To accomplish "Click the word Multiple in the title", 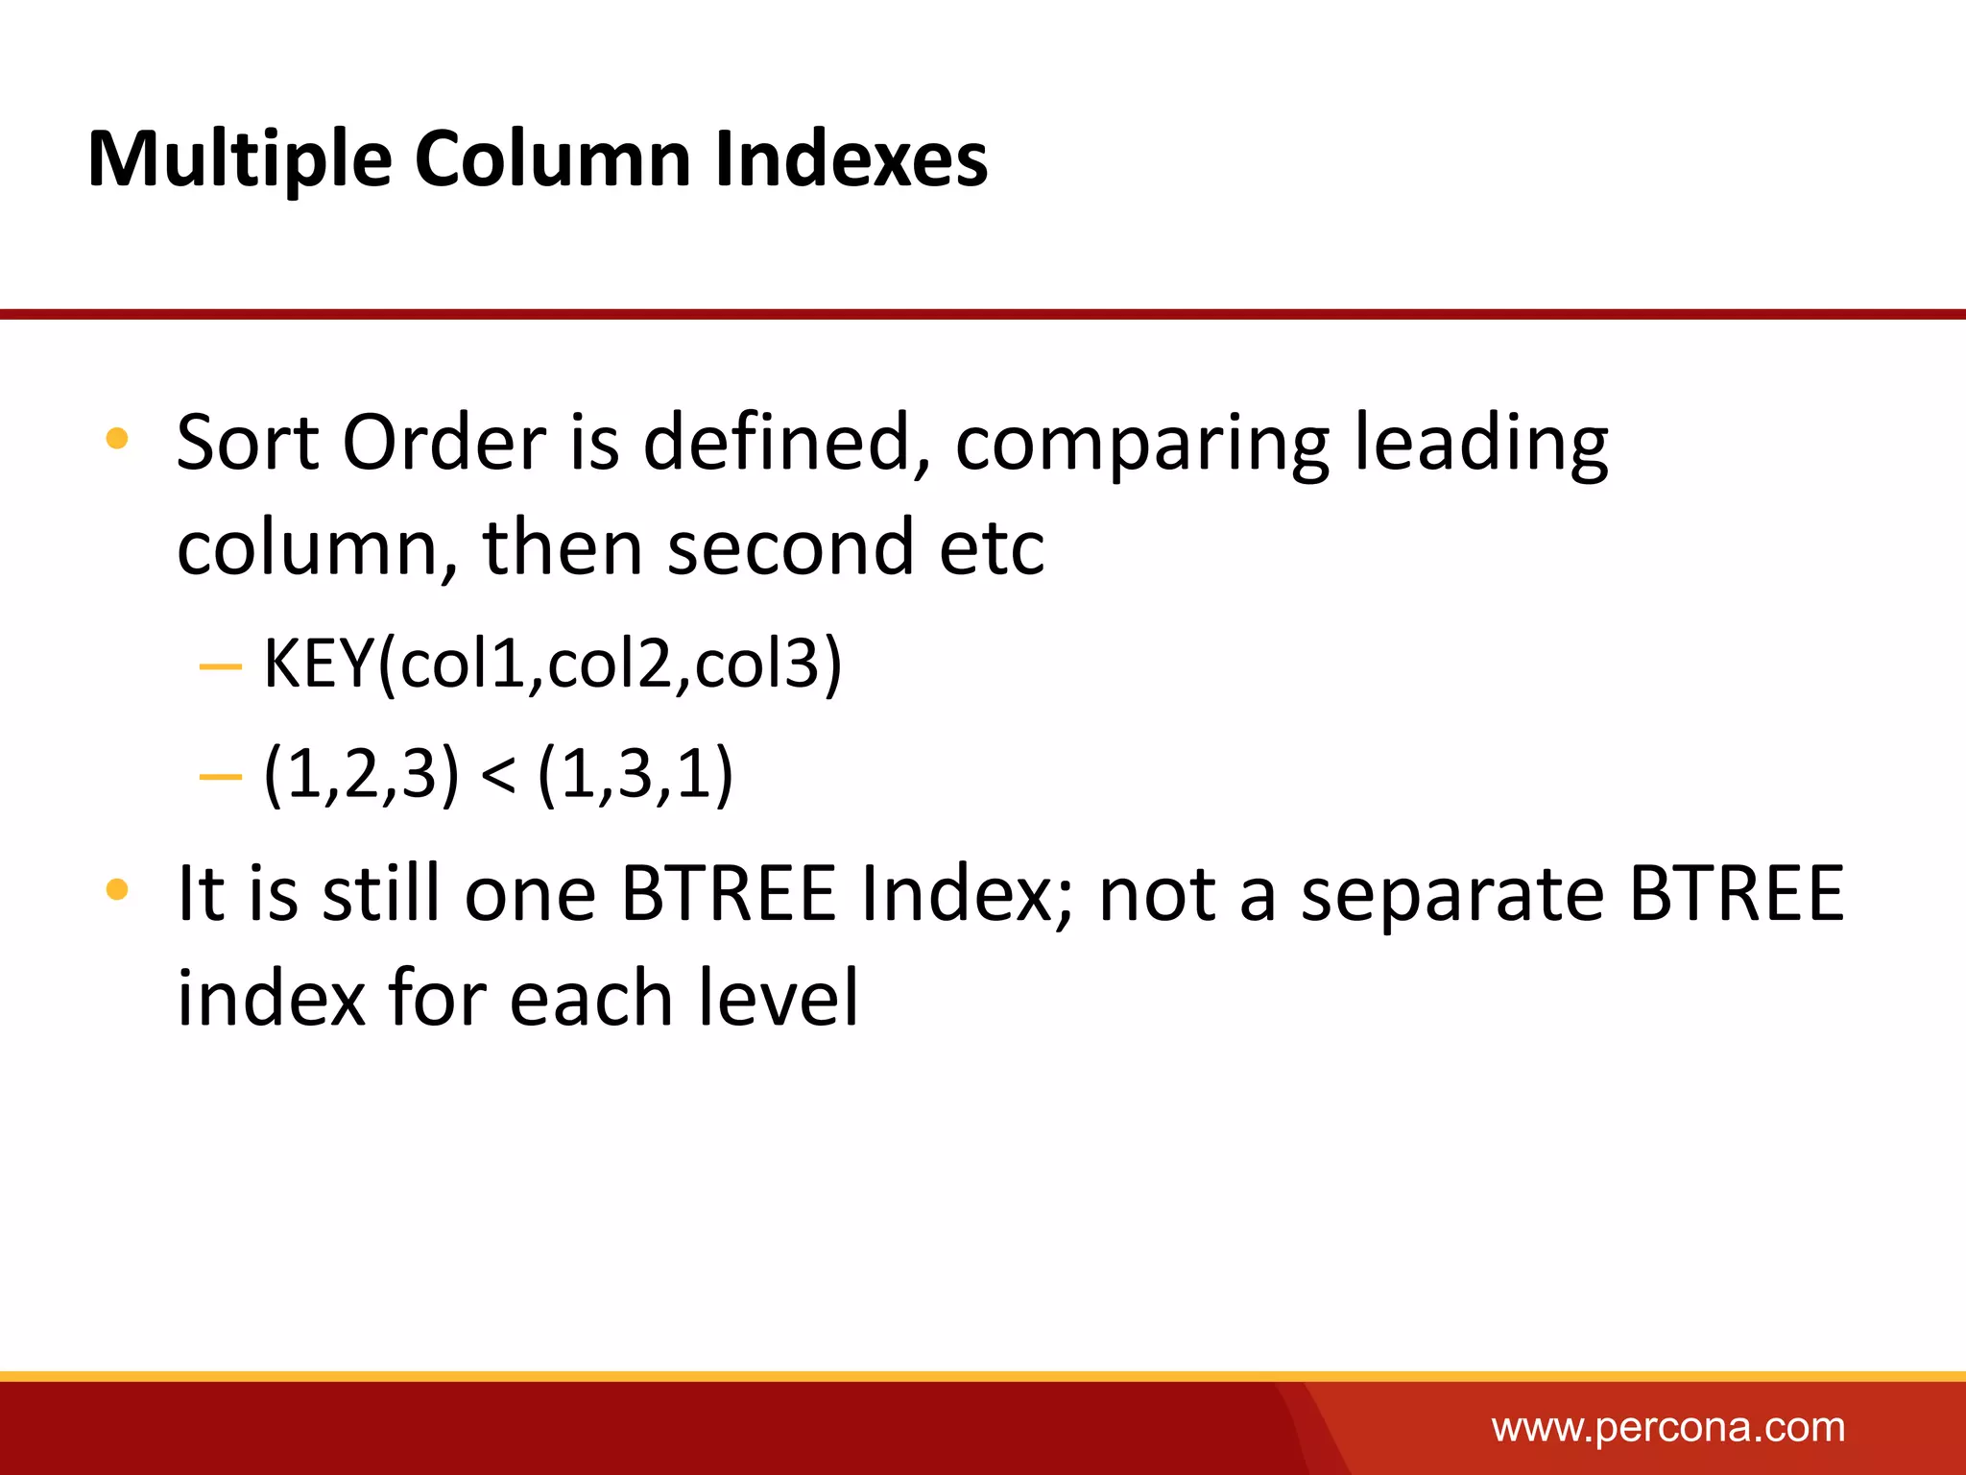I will [240, 159].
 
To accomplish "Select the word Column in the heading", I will [552, 159].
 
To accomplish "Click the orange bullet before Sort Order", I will [117, 440].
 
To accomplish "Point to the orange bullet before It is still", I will [117, 889].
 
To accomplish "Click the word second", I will [789, 547].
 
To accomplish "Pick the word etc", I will [992, 549].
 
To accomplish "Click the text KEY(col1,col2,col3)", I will [552, 664].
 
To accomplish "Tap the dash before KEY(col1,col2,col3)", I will [220, 665].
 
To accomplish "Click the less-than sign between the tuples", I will [497, 774].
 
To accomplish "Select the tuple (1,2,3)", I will [361, 774].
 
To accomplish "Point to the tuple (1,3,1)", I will [635, 774].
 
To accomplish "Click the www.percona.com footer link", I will [1667, 1428].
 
